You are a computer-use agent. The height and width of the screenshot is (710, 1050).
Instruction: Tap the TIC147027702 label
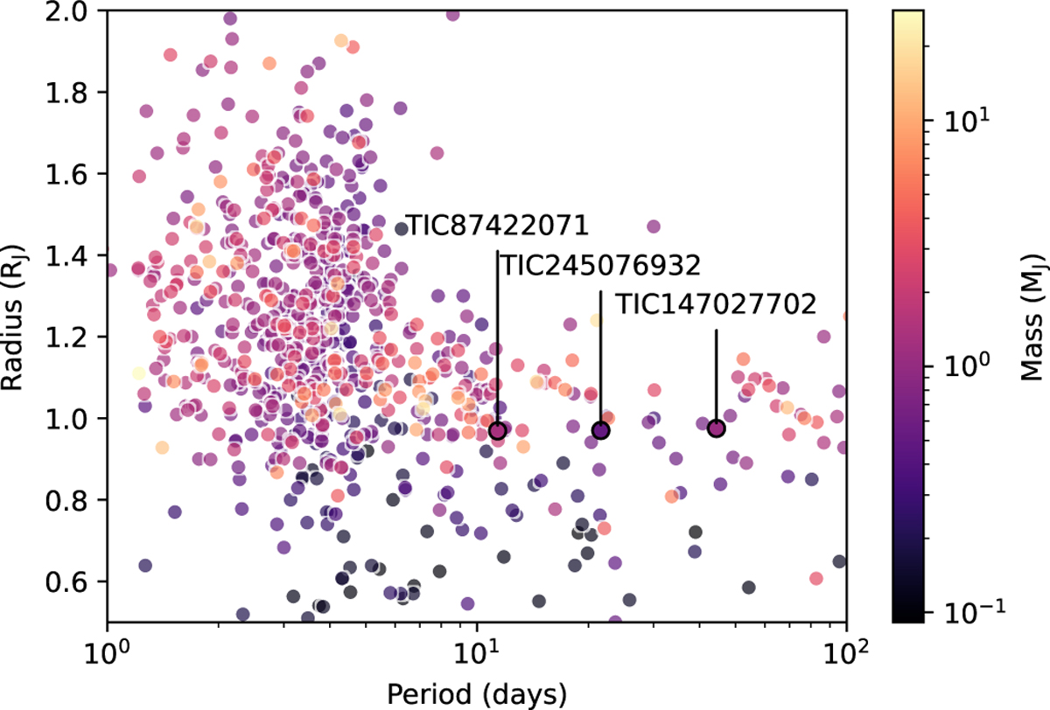716,304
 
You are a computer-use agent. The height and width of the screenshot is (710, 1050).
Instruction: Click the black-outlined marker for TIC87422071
497,430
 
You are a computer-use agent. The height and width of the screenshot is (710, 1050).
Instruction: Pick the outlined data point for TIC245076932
600,430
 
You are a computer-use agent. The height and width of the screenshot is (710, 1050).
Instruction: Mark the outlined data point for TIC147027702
716,428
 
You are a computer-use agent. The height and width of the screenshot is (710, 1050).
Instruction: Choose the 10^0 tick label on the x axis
107,651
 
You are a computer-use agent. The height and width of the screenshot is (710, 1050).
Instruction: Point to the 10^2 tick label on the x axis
845,651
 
